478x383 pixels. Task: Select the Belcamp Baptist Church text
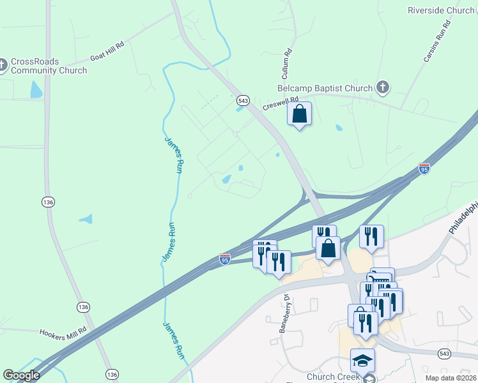325,88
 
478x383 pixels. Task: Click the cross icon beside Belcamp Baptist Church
382,87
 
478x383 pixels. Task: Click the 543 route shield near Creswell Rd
243,100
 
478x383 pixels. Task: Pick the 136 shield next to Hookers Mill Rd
83,307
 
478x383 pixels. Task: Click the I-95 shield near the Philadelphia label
424,169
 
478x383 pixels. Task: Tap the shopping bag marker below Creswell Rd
300,114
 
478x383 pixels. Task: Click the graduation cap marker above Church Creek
362,361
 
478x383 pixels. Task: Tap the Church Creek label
332,377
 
